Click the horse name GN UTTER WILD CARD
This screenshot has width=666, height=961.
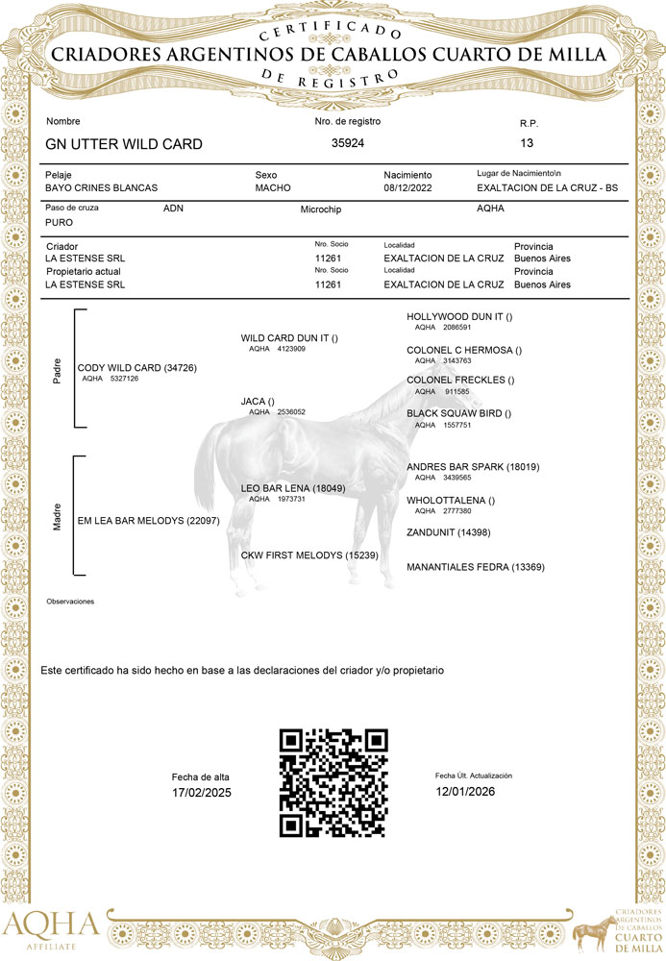(x=124, y=144)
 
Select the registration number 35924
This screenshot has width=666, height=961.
(x=348, y=143)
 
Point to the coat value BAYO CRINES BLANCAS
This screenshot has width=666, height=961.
(x=101, y=188)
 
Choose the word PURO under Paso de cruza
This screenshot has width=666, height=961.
(x=60, y=222)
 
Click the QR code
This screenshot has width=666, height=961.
(x=333, y=783)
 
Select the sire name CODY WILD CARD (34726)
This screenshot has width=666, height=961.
(x=136, y=368)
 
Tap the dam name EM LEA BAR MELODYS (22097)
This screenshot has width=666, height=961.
(x=149, y=520)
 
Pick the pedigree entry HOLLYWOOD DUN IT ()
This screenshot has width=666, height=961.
(x=460, y=316)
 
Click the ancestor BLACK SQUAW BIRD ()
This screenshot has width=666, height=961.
(x=458, y=413)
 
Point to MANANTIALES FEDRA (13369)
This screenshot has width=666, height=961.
(x=476, y=567)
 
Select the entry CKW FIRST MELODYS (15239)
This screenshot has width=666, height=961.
(x=308, y=555)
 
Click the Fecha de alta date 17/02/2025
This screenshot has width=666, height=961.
(x=202, y=793)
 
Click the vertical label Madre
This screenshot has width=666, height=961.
(x=57, y=521)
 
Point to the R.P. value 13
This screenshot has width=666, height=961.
(x=527, y=143)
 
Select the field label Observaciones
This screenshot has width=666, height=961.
(x=70, y=601)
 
